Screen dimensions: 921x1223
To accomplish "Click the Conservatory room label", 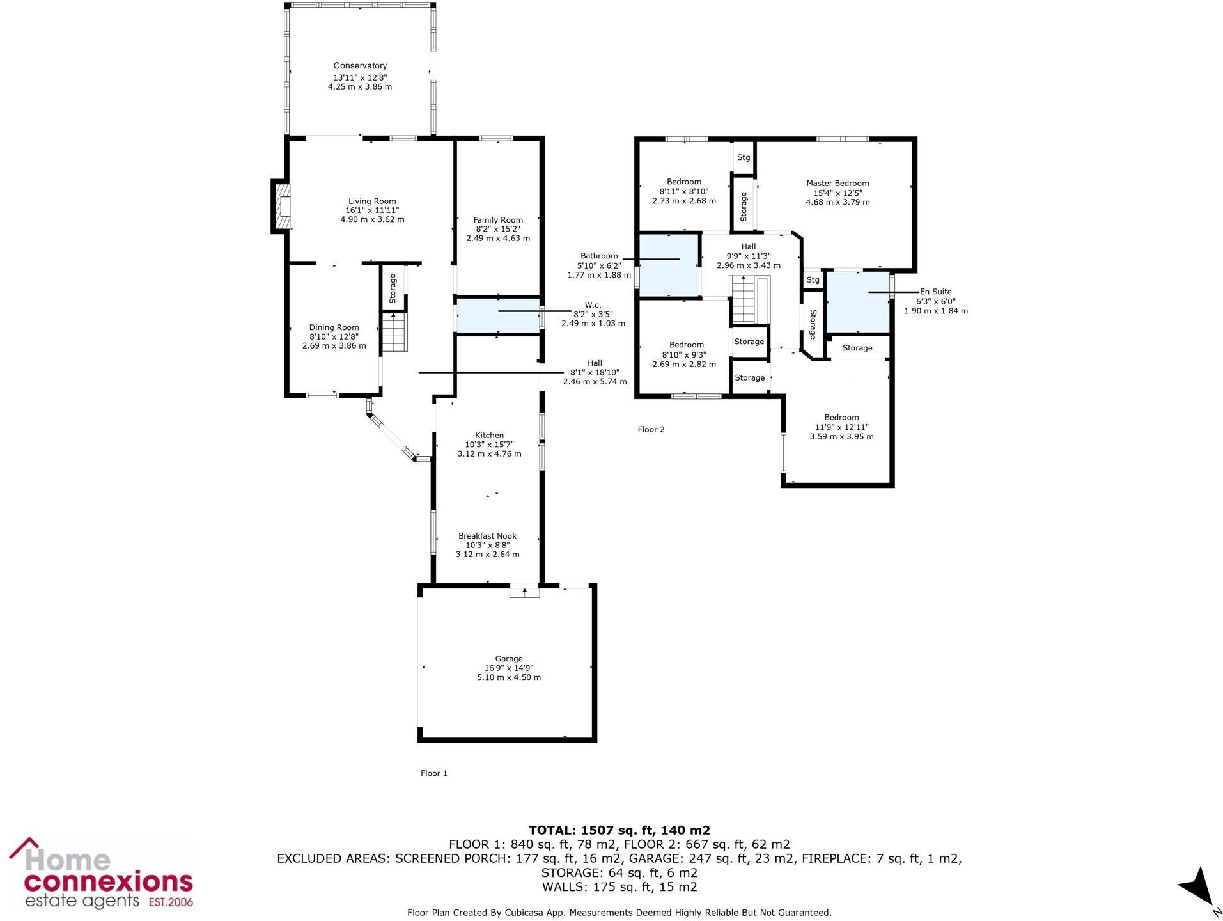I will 360,66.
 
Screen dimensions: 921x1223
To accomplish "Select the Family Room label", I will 498,220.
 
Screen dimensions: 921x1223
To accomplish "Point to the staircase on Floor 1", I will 394,333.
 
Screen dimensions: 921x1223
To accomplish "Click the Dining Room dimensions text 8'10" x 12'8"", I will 334,336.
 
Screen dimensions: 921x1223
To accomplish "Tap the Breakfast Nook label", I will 487,536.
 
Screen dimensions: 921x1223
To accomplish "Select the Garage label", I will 508,659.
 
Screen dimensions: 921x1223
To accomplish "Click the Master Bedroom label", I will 837,184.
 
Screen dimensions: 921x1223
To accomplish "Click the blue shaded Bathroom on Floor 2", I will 667,266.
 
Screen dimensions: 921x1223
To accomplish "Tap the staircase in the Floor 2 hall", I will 744,299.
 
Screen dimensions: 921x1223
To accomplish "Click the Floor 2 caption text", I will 651,430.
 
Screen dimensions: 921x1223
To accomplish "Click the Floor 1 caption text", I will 433,773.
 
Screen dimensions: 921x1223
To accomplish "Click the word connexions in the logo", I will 108,882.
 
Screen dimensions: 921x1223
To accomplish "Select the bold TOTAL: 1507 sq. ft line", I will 619,830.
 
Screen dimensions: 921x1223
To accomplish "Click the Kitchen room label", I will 489,436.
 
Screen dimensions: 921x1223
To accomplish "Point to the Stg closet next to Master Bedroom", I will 743,157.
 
